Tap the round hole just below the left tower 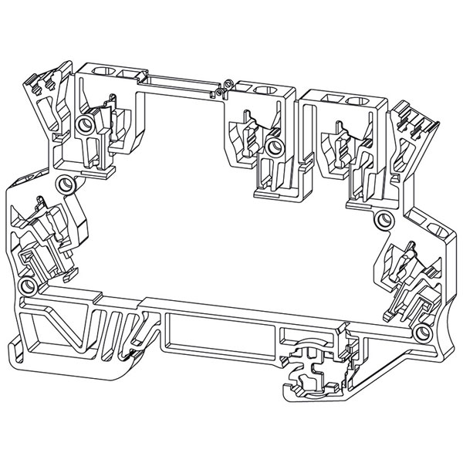64,184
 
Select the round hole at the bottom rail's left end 28,286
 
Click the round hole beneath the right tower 381,221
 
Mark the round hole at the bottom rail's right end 422,333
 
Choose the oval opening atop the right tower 356,101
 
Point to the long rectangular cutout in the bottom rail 221,333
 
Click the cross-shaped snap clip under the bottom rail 313,371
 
